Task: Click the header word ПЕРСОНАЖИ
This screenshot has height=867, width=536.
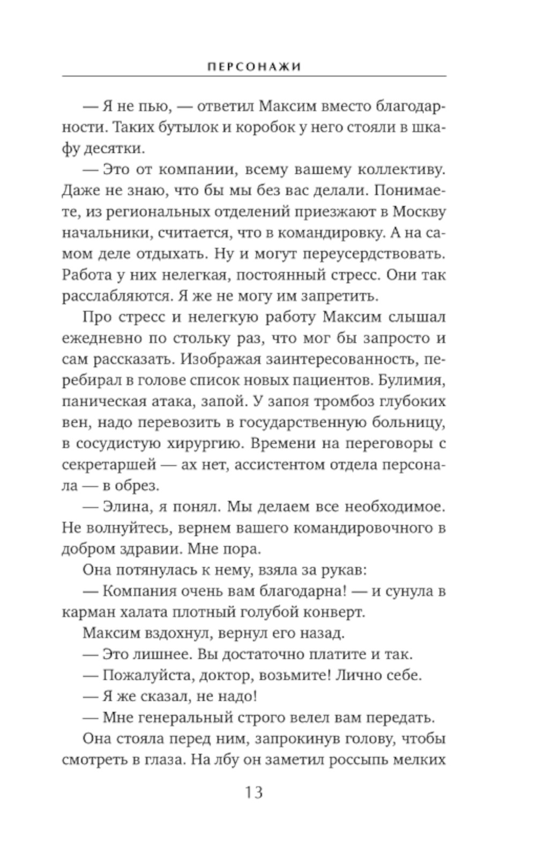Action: point(254,67)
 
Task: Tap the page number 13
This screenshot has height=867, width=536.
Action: point(254,792)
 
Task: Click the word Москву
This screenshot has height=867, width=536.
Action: point(419,211)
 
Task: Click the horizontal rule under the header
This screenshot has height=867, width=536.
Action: point(254,77)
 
